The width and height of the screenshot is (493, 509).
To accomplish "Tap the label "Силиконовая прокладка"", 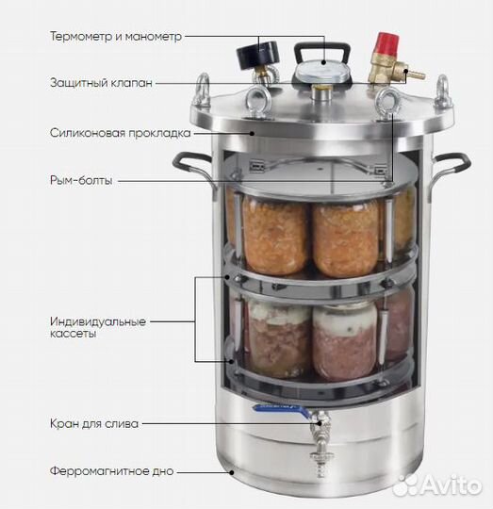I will point(119,133).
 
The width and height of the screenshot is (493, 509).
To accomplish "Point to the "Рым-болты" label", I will point(81,180).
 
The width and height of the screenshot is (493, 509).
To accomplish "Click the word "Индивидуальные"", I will point(99,321).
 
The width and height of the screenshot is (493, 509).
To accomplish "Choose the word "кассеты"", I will point(74,337).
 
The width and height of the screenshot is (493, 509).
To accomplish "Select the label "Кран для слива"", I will point(94,423).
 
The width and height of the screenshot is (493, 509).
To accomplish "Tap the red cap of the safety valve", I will point(385,43).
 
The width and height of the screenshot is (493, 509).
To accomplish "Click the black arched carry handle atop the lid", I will point(323,47).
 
